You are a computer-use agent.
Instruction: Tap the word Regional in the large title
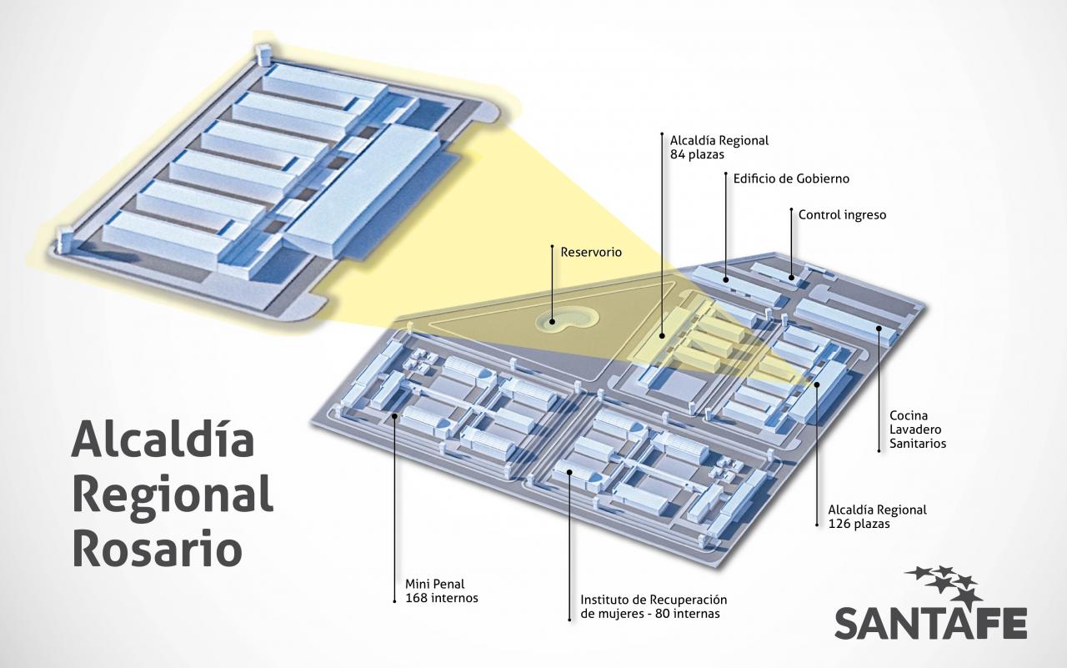(x=173, y=495)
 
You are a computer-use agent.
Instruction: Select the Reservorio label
(x=591, y=251)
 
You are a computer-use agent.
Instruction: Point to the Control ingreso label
(x=842, y=215)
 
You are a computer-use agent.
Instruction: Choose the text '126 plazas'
(x=859, y=525)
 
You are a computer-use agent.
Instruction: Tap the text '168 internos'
(x=442, y=598)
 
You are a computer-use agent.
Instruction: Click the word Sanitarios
(x=918, y=444)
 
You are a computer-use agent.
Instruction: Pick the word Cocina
(x=909, y=414)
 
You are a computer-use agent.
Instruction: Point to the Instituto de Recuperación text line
(x=654, y=600)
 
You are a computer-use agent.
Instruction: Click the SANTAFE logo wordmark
(x=930, y=623)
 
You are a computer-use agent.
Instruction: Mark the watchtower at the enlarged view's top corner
(x=263, y=52)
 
